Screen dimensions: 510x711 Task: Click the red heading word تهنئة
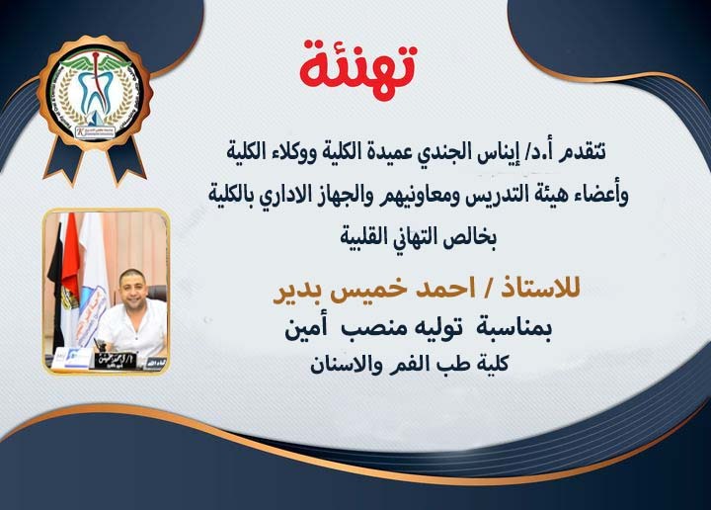pyautogui.click(x=358, y=64)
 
